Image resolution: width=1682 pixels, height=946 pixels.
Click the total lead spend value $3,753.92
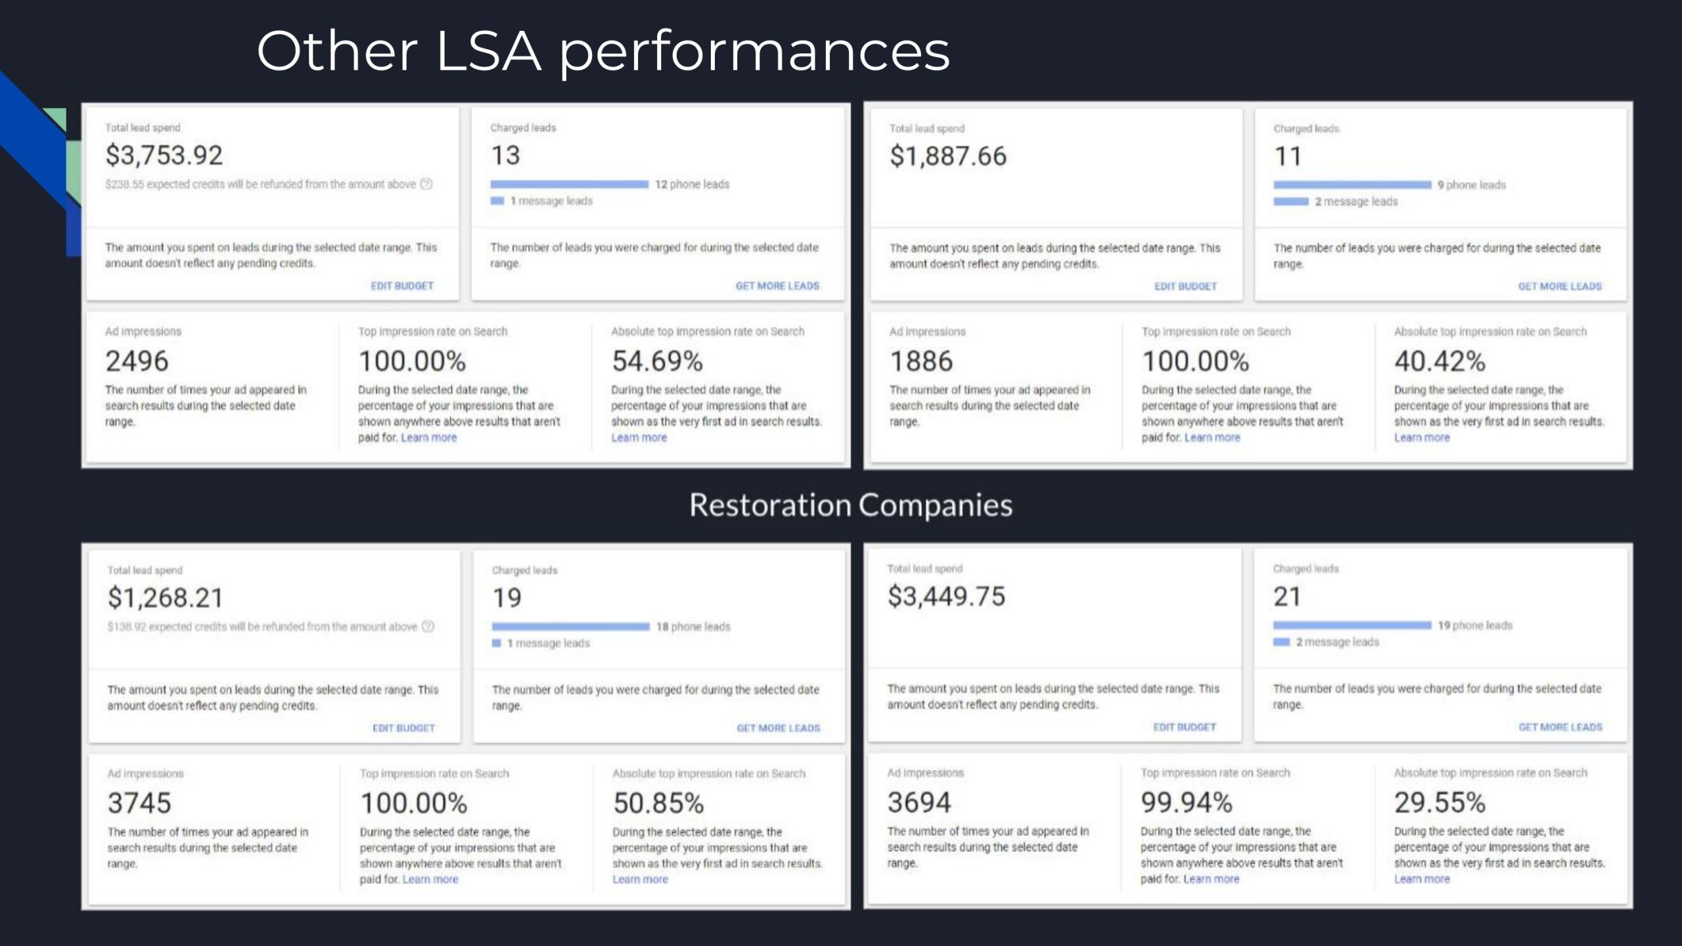pos(164,156)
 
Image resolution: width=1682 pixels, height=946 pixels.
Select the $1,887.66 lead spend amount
pos(947,156)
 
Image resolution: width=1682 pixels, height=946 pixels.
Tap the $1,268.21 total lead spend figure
pos(166,598)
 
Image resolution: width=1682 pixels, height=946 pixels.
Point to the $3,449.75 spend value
pos(946,597)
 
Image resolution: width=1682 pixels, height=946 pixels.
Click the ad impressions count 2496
pos(137,361)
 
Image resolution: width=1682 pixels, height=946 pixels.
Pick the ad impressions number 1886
pos(921,361)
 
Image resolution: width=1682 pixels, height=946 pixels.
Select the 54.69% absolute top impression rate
pos(657,361)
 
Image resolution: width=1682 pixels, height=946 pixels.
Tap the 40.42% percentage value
pos(1440,361)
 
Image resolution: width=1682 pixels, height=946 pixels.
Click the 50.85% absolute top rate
pos(658,803)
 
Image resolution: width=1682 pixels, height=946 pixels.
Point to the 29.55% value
pos(1440,802)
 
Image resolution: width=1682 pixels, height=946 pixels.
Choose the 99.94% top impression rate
pos(1187,802)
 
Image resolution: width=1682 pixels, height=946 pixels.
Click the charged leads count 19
pos(507,598)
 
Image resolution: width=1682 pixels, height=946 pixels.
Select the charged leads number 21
pos(1286,597)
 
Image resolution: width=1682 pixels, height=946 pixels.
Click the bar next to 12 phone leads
pos(569,185)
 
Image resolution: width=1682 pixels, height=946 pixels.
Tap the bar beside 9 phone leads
pos(1352,185)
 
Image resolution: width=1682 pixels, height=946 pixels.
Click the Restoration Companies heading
pos(851,505)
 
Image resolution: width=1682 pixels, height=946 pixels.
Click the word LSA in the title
pos(488,51)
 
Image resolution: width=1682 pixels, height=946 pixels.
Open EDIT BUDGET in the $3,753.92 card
pos(402,286)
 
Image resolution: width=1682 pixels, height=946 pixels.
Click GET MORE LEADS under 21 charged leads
pos(1560,727)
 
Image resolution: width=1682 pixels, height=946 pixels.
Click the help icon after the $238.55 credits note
pos(426,184)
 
